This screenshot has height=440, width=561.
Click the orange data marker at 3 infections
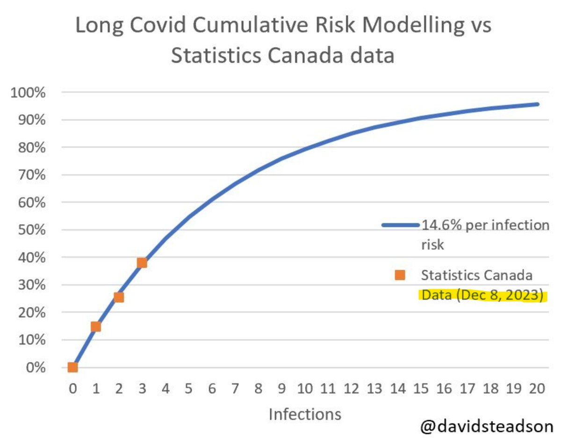tap(142, 263)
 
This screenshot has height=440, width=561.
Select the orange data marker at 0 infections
tap(72, 367)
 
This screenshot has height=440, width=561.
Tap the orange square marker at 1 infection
tap(96, 326)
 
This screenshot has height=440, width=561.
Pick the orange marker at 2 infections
tap(119, 297)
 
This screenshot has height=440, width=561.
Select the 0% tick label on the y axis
tap(36, 368)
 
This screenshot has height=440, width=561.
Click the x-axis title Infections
tap(304, 414)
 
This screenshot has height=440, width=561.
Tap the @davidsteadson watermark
tap(486, 426)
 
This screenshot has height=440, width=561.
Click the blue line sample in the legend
tap(401, 225)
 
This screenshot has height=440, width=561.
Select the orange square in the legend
tap(400, 275)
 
